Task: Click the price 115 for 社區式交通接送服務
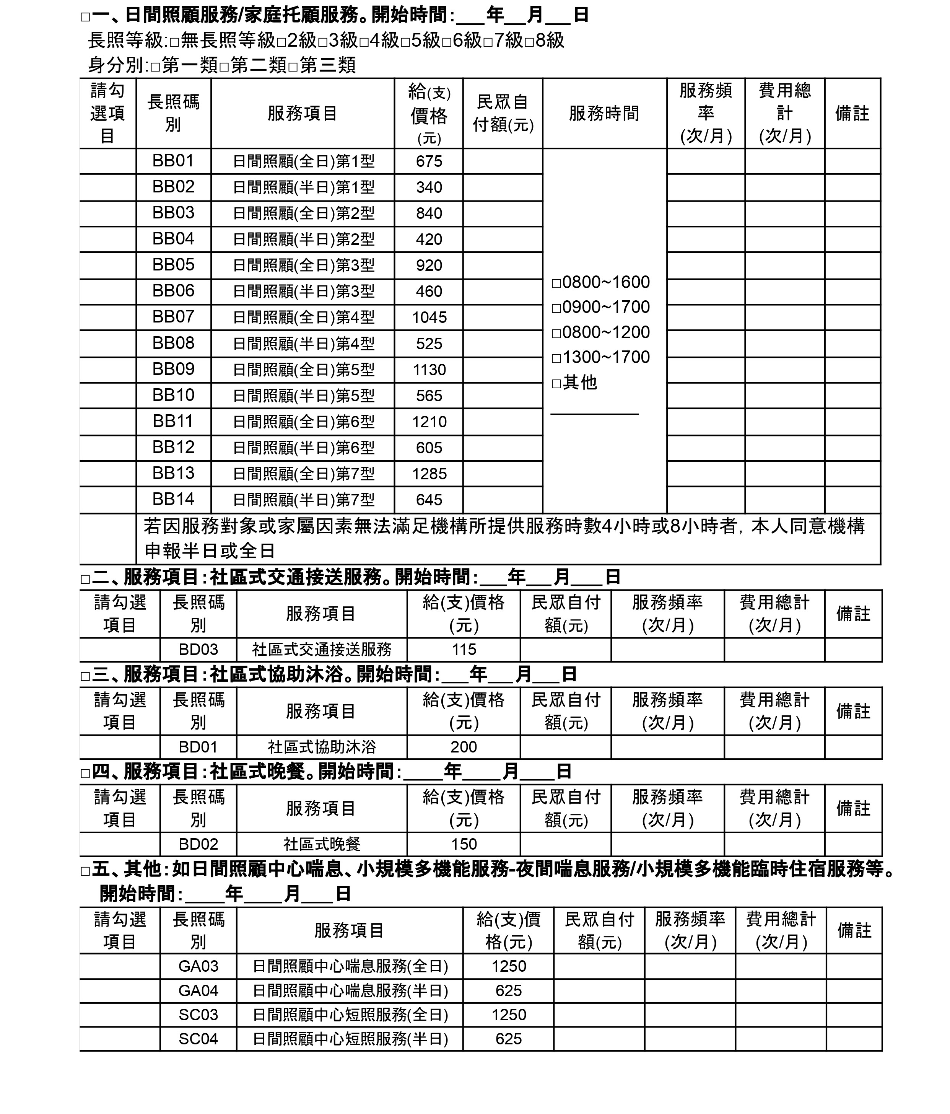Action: (464, 650)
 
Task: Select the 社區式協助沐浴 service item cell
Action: (322, 747)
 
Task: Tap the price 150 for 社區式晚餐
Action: (464, 844)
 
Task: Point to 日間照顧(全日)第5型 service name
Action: (303, 370)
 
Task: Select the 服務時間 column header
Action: (604, 114)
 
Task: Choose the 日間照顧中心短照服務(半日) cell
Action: (350, 1039)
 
